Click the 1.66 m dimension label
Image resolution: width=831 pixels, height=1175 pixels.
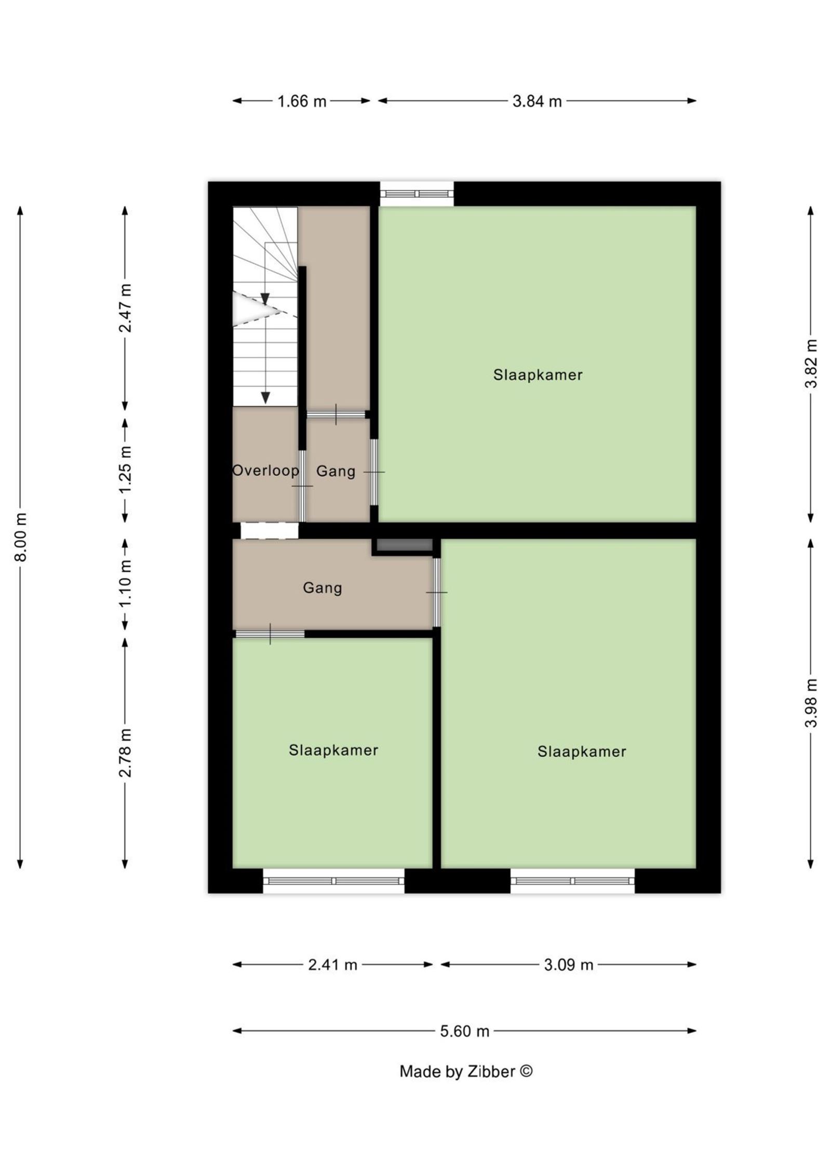coord(301,101)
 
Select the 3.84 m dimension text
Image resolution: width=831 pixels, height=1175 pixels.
coord(537,101)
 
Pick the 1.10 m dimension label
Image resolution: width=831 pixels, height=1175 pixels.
coord(125,583)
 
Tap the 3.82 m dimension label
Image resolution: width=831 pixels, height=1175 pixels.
coord(811,363)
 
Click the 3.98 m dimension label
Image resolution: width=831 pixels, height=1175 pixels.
coord(811,703)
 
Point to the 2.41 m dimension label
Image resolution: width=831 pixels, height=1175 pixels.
coord(332,965)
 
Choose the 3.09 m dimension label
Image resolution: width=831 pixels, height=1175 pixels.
coord(568,965)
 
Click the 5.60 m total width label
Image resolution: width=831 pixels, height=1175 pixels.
coord(464,1031)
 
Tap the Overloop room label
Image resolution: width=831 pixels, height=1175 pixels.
coord(265,471)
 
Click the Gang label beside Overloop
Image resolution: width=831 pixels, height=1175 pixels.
coord(336,471)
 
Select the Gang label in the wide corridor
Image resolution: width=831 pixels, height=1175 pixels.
coord(322,587)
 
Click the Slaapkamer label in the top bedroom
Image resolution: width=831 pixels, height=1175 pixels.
coord(538,375)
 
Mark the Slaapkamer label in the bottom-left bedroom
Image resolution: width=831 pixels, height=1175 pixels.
coord(333,750)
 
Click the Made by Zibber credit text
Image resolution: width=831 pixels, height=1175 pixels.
coord(466,1071)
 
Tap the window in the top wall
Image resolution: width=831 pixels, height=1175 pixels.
coord(417,194)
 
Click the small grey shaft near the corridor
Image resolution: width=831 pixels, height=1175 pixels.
coord(404,545)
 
